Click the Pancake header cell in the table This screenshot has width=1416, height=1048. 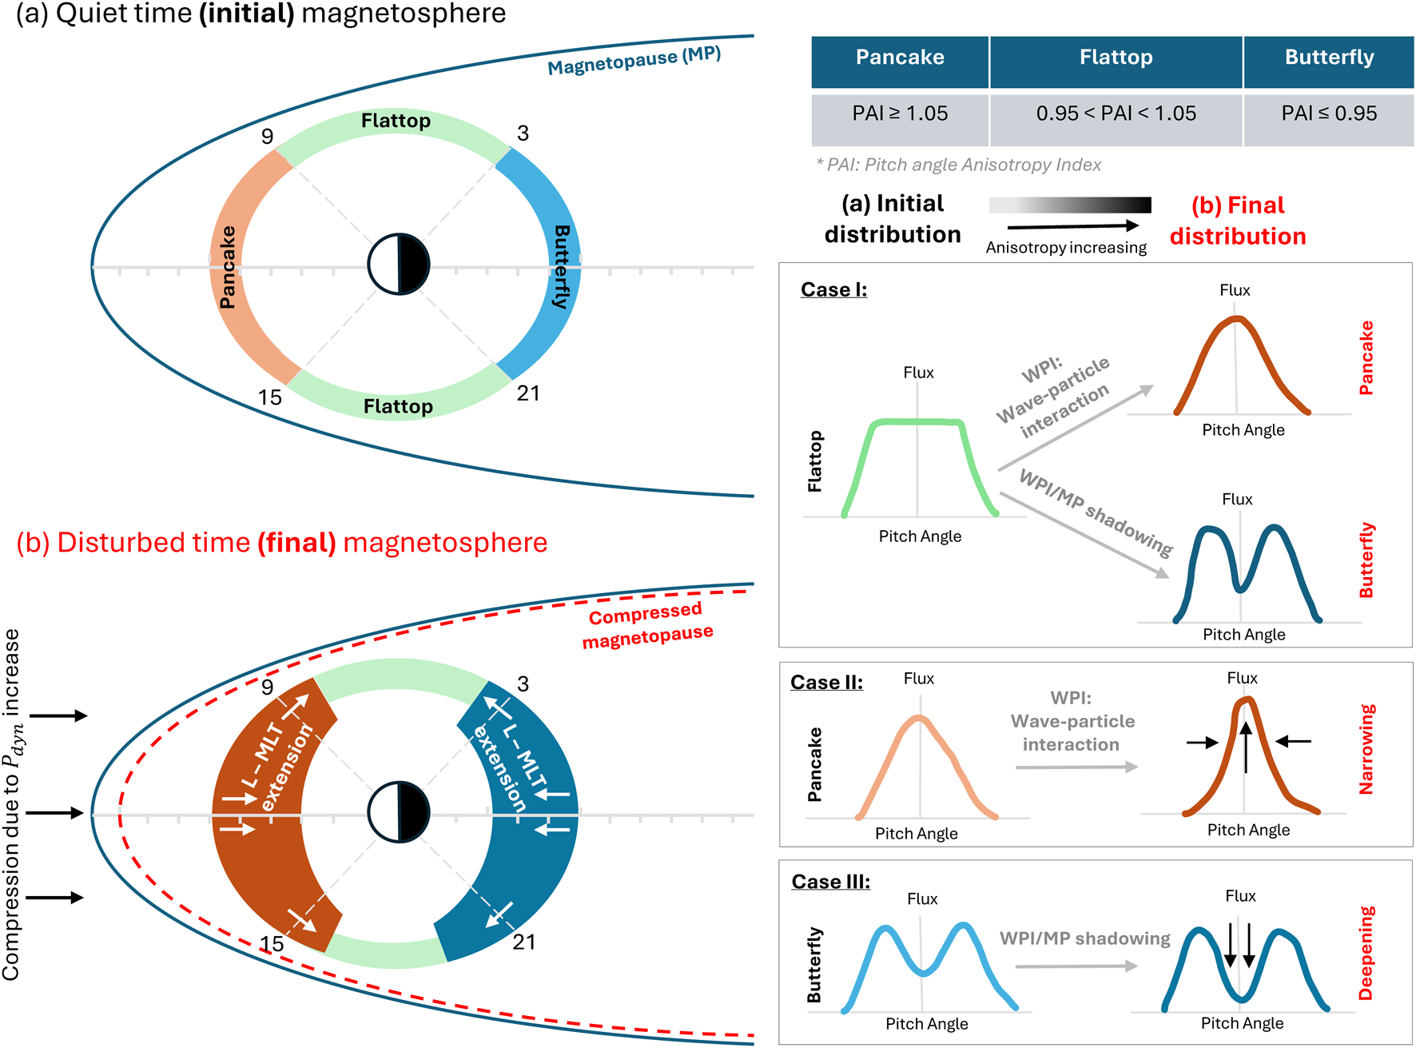[900, 58]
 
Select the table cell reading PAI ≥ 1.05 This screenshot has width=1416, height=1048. [900, 114]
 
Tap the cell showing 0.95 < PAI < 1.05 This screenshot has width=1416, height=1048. [1116, 114]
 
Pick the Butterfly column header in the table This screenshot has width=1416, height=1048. [1329, 58]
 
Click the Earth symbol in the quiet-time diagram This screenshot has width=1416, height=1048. [399, 265]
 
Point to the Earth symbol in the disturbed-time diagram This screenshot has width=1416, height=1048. [399, 812]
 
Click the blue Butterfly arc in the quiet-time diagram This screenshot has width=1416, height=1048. [551, 264]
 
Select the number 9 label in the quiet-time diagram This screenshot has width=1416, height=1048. [268, 137]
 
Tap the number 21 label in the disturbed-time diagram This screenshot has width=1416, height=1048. [524, 942]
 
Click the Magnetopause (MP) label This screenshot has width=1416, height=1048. [634, 61]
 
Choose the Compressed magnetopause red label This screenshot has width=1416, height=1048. [646, 624]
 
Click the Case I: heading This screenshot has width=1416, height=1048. [833, 289]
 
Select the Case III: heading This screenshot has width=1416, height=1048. [830, 882]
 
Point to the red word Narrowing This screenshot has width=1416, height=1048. [1366, 749]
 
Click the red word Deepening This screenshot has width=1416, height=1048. [1366, 953]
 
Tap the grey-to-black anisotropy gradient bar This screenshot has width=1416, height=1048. [1070, 205]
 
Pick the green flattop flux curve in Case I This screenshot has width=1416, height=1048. [919, 422]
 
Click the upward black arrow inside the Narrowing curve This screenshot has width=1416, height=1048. [1246, 747]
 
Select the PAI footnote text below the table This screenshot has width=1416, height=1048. [958, 165]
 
